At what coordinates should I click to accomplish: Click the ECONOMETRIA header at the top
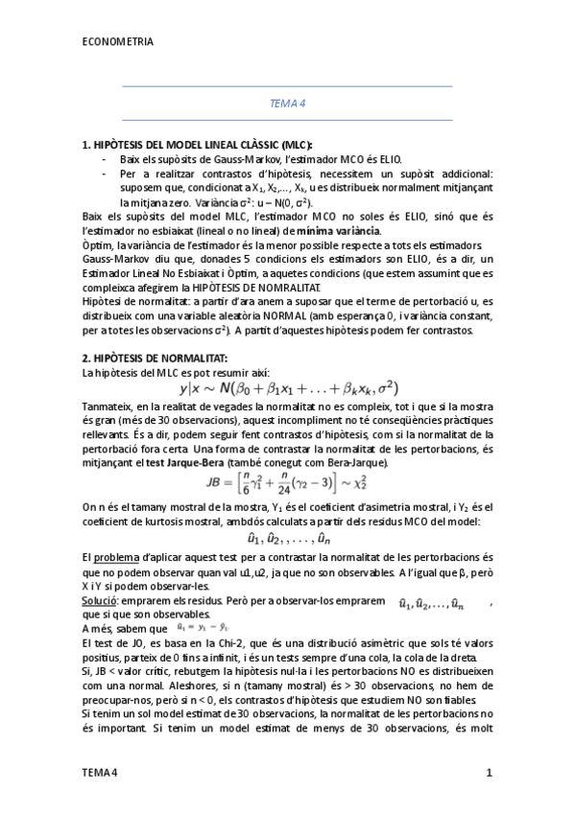click(117, 42)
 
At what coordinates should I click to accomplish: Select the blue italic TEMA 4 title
click(287, 103)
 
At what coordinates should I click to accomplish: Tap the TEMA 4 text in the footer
click(99, 772)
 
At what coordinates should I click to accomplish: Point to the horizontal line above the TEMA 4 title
click(287, 86)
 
